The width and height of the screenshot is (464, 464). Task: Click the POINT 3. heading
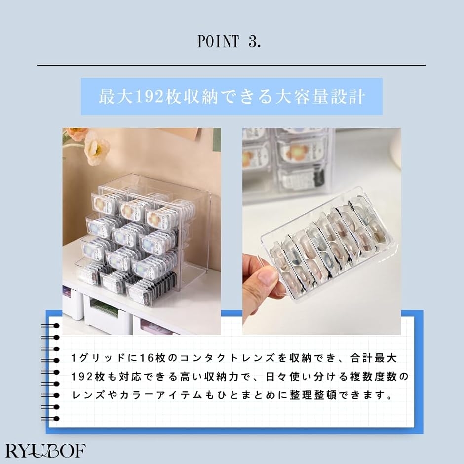coord(230,41)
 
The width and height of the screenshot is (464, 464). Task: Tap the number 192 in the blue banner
coord(149,96)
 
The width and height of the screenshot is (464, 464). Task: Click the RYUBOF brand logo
coord(45,451)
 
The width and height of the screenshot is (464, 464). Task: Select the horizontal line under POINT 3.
coord(232,65)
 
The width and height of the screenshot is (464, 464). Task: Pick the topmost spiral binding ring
coord(50,326)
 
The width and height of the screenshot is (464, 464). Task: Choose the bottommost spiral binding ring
coord(50,419)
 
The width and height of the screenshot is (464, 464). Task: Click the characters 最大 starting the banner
coord(116,96)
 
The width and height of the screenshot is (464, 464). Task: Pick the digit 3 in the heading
coord(253,41)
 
